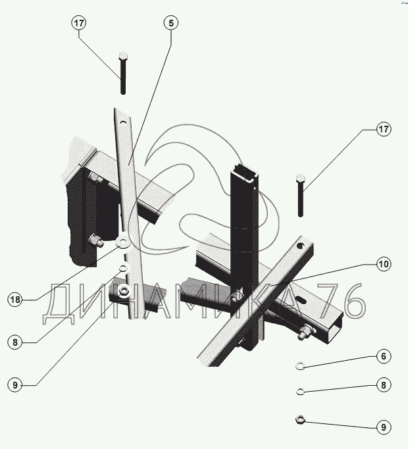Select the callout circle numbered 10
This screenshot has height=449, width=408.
coord(384,265)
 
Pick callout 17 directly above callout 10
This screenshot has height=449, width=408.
coord(384,130)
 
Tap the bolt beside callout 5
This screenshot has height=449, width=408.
coord(123,73)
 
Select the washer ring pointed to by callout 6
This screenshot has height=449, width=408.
coord(299,365)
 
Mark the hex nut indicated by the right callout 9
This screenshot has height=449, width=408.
coord(299,417)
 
